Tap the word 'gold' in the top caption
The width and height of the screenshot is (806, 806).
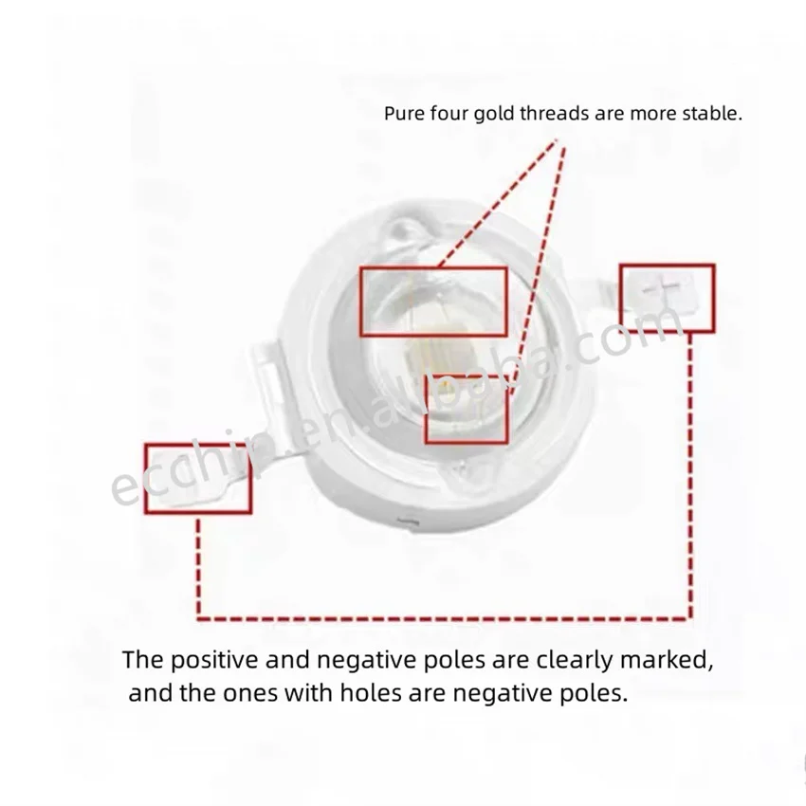pos(493,114)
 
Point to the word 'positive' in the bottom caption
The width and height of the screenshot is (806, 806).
pos(214,660)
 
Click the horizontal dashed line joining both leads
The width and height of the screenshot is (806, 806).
pos(444,618)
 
